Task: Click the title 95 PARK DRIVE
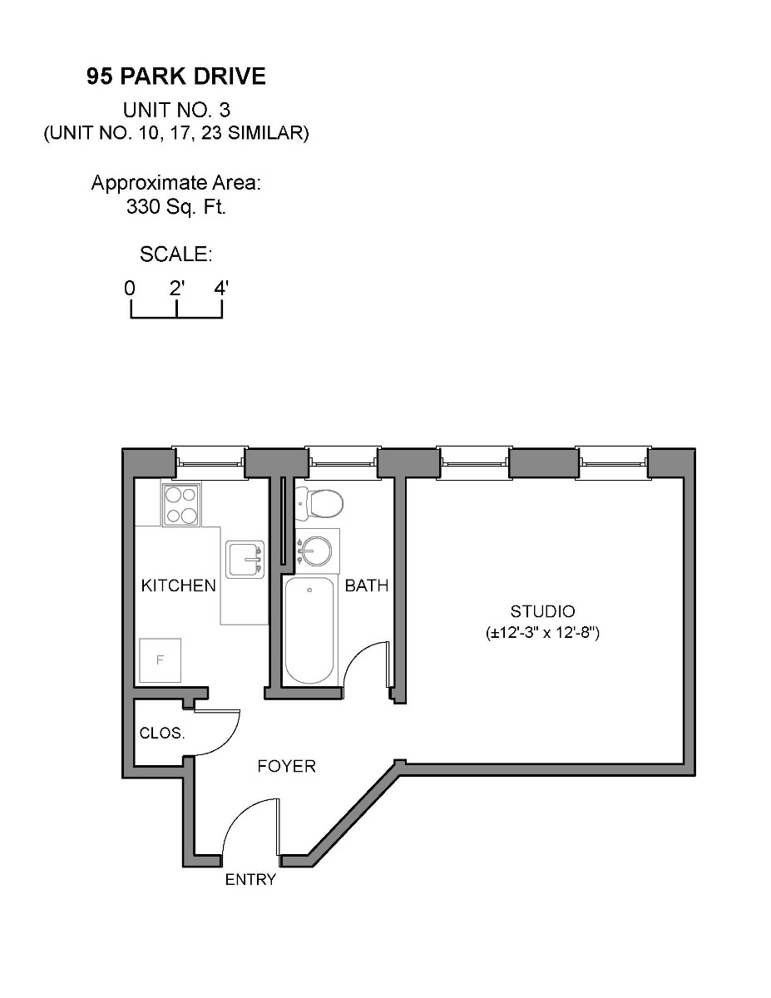(176, 77)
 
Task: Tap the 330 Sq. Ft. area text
(176, 207)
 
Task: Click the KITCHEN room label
(178, 585)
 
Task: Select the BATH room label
(367, 585)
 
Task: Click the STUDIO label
(543, 611)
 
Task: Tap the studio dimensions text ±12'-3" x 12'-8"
(543, 633)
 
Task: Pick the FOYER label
(286, 766)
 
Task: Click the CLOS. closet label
(162, 734)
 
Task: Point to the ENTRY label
(250, 880)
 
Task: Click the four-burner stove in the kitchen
(181, 505)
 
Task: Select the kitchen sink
(245, 560)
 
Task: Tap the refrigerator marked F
(161, 660)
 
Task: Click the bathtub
(309, 630)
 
